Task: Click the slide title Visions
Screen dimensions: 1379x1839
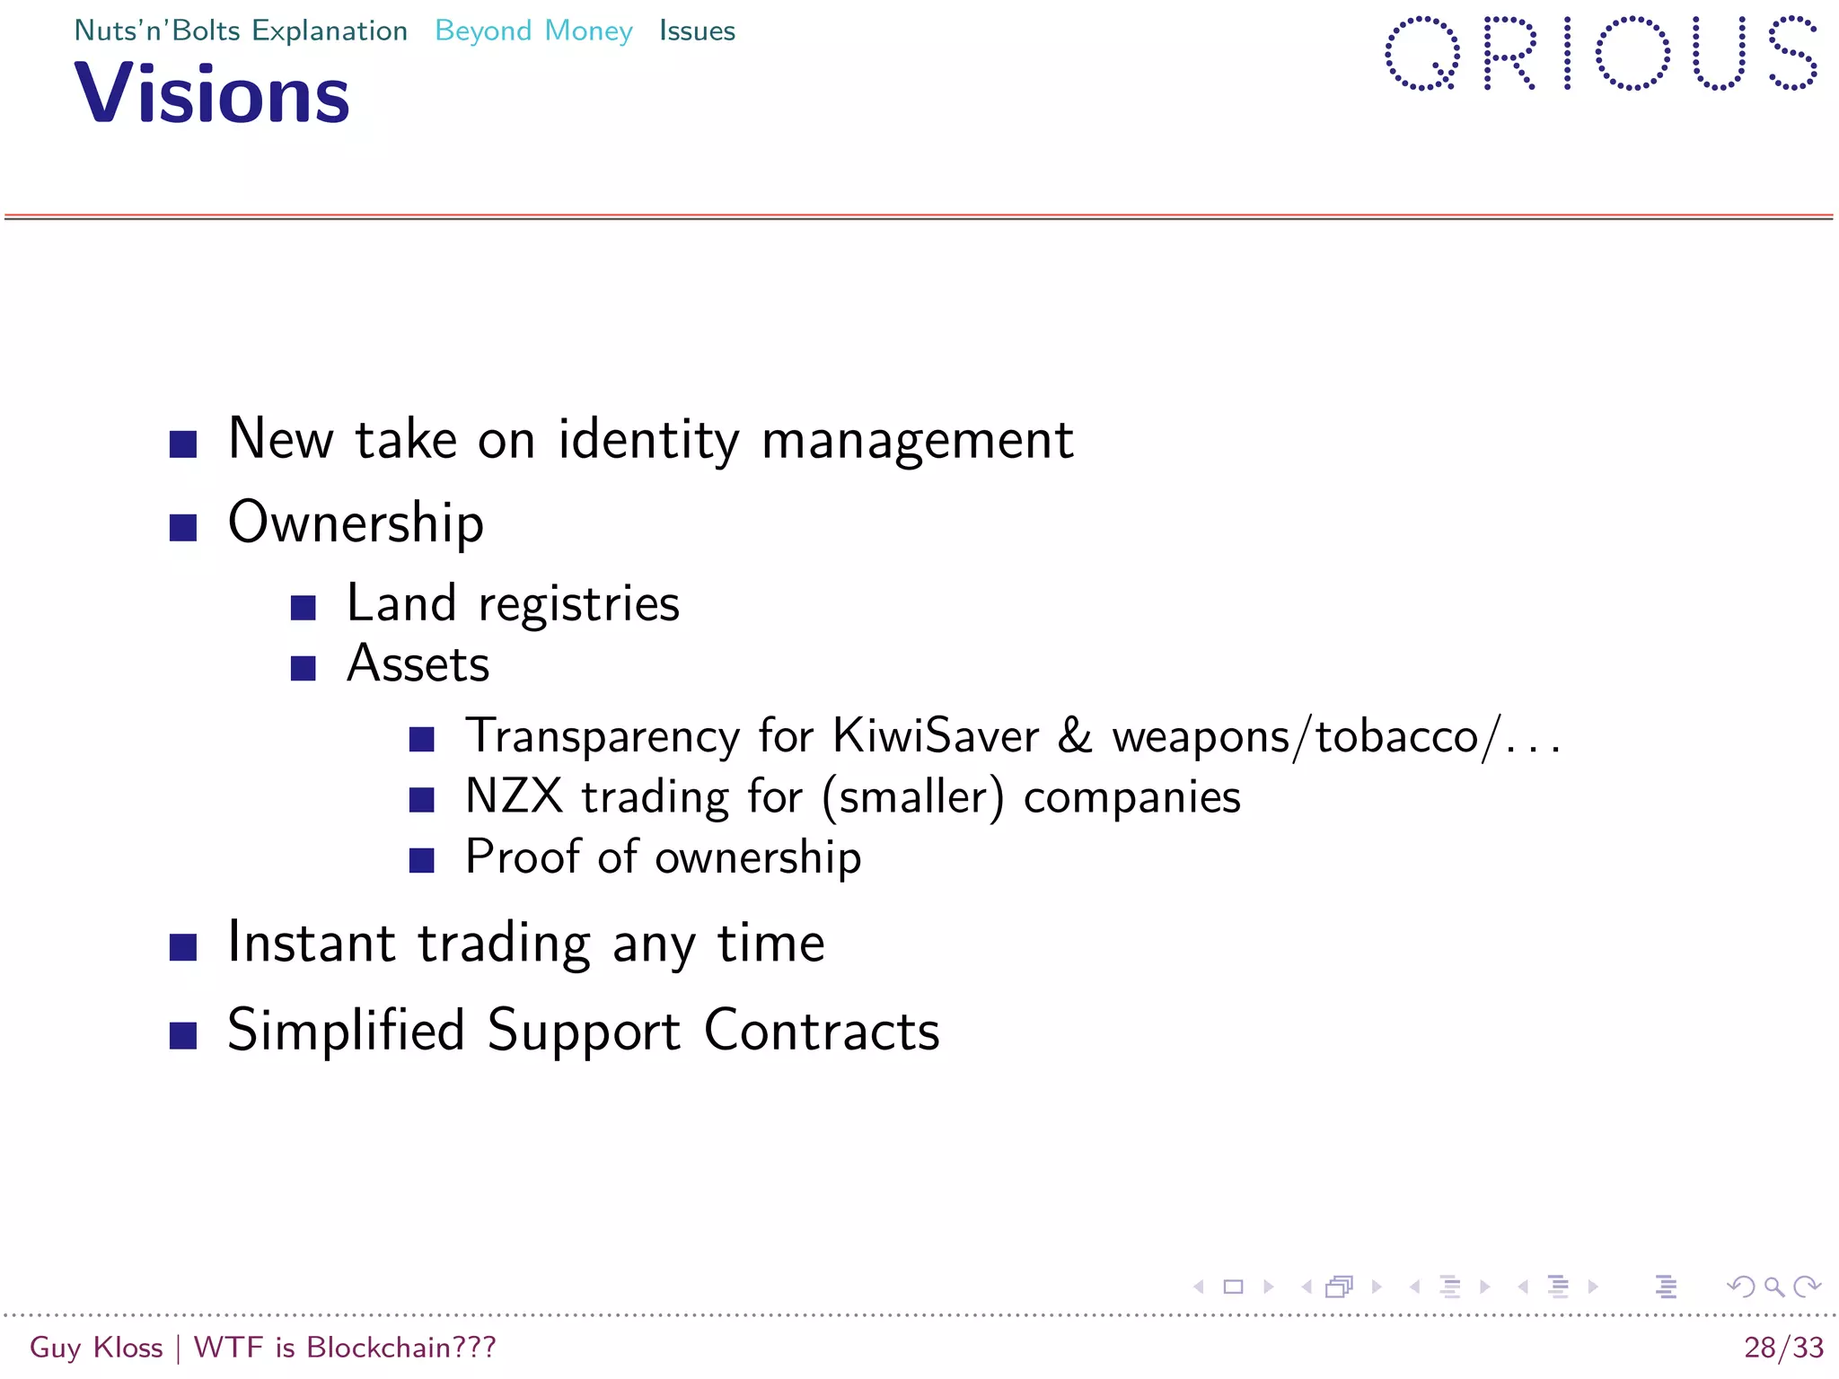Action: click(212, 93)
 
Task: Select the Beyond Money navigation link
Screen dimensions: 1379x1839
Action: click(533, 31)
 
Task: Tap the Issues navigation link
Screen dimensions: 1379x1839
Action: click(697, 31)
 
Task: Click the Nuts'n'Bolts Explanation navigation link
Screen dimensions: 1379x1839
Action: click(241, 31)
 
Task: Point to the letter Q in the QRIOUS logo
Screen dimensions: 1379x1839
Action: click(1422, 54)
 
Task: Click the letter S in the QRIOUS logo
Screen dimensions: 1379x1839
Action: click(1792, 54)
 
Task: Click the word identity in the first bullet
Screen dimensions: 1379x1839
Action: click(648, 440)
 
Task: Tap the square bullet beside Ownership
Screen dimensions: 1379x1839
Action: click(183, 527)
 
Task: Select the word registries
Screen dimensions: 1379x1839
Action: click(579, 604)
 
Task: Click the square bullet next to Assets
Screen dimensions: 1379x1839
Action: click(304, 668)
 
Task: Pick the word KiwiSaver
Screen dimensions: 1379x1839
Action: click(936, 736)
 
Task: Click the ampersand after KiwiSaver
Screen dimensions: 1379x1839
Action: click(1075, 736)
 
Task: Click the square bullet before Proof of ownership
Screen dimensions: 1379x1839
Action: click(422, 860)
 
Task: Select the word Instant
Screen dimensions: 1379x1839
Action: click(312, 944)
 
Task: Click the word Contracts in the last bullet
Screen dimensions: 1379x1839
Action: click(822, 1031)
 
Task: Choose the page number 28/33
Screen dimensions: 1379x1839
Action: click(1783, 1348)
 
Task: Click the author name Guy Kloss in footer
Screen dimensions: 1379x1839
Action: click(96, 1348)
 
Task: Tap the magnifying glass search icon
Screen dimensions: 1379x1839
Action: click(1773, 1287)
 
